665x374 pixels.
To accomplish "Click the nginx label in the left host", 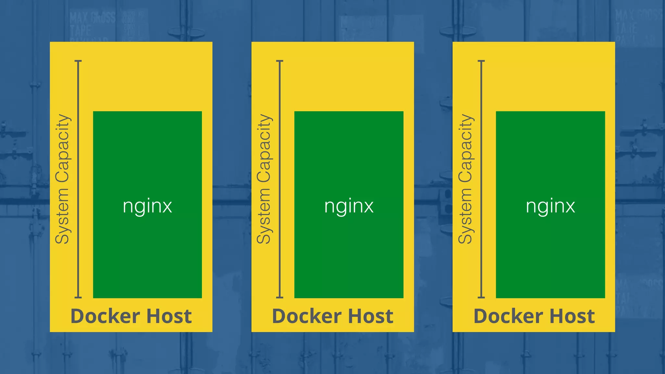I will [147, 206].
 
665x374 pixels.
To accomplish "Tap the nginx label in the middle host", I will [349, 206].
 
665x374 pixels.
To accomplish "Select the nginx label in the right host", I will [550, 206].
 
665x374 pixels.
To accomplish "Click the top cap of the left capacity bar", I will [78, 61].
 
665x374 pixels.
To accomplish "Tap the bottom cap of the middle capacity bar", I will [280, 297].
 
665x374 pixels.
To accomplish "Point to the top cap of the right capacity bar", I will [481, 61].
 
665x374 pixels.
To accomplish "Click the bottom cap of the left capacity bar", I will [78, 297].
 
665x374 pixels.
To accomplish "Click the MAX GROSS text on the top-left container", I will [93, 18].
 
